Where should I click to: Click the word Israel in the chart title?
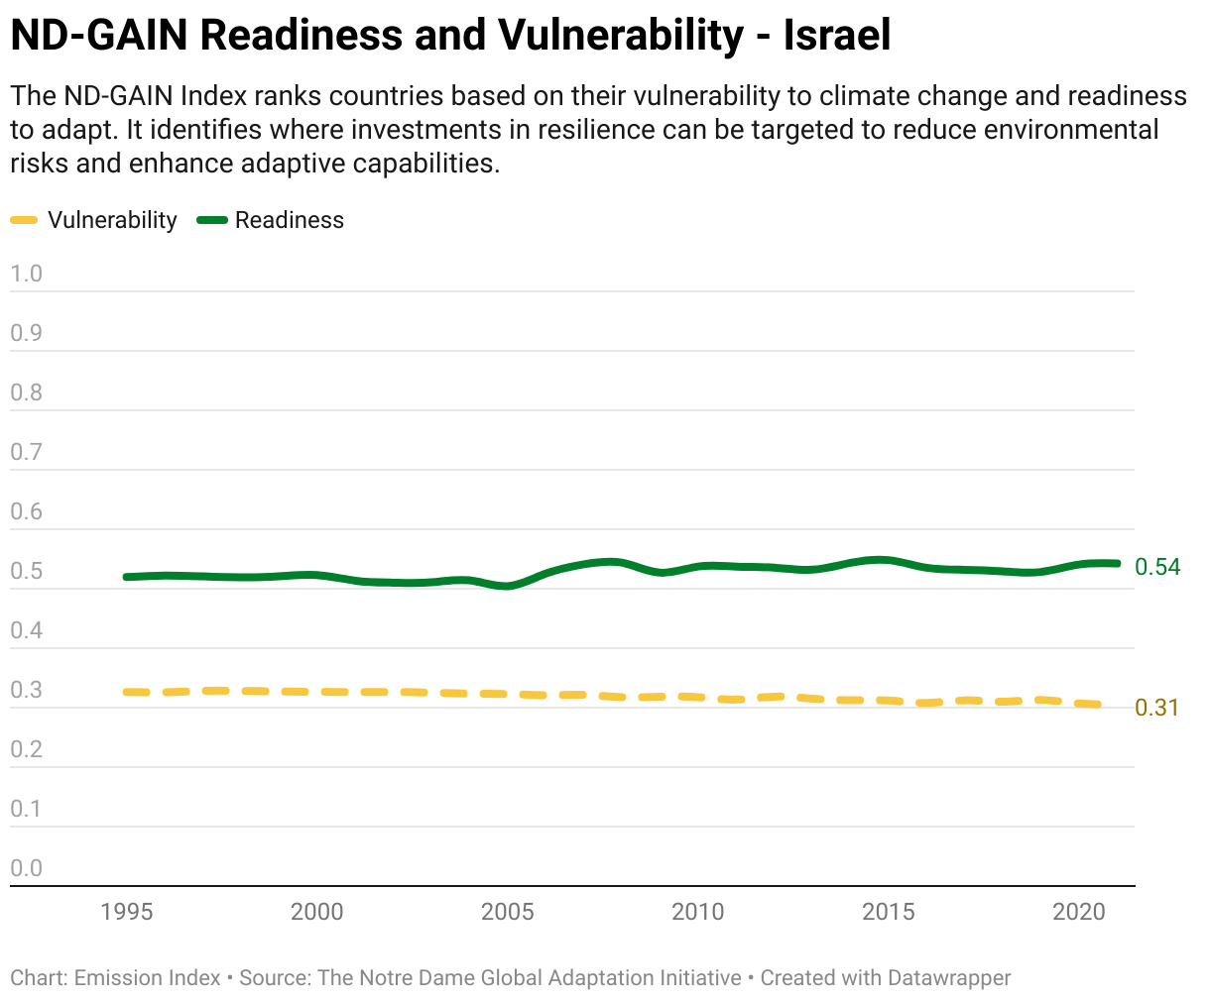837,36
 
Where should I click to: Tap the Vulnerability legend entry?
94,220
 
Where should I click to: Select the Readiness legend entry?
271,220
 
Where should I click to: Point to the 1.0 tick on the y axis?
26,274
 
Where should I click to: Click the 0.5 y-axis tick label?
26,571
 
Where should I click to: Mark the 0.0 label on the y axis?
26,868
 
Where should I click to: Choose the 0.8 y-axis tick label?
26,392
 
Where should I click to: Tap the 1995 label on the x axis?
126,912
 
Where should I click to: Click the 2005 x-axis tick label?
507,912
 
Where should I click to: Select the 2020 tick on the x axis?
1079,912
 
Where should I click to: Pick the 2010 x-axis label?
697,912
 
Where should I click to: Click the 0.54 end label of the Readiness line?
1157,567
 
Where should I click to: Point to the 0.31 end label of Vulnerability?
1156,708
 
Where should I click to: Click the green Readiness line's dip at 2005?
507,586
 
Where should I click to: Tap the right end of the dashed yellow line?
1099,705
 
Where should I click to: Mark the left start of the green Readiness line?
126,577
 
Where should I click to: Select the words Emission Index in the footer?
147,977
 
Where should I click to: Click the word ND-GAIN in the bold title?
99,36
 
